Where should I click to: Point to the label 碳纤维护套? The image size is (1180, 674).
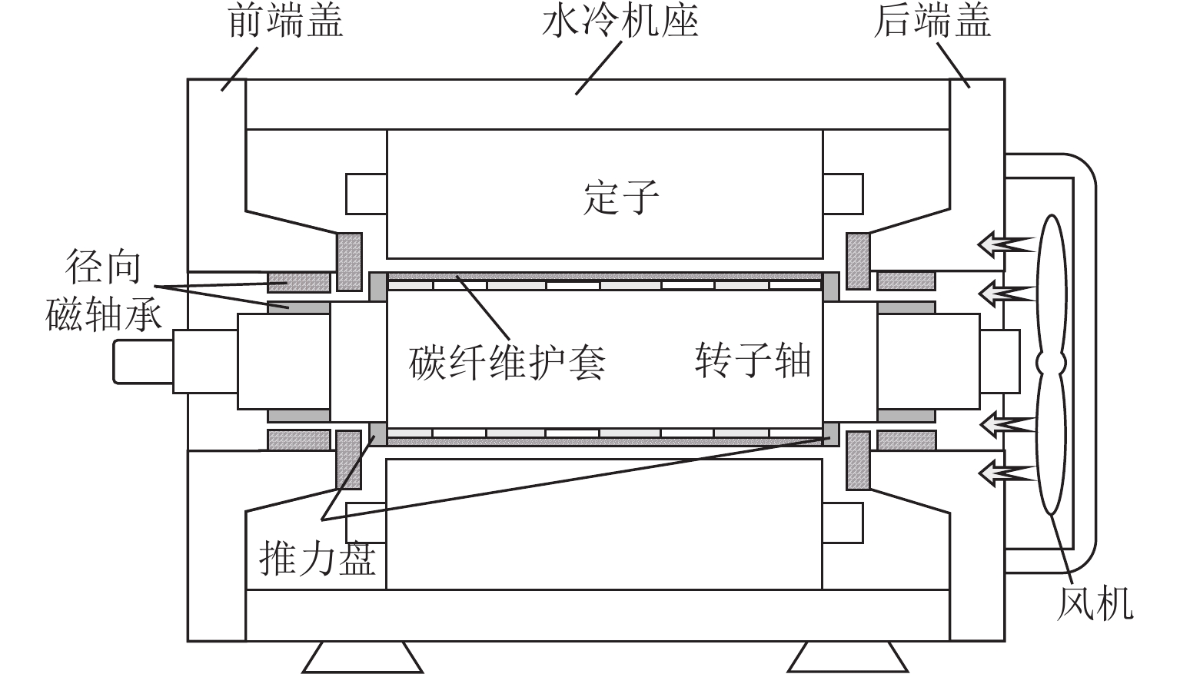[507, 360]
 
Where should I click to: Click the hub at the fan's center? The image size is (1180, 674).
[1051, 361]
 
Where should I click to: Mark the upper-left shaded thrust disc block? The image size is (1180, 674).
[349, 262]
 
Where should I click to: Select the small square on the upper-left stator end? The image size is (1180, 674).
[366, 194]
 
